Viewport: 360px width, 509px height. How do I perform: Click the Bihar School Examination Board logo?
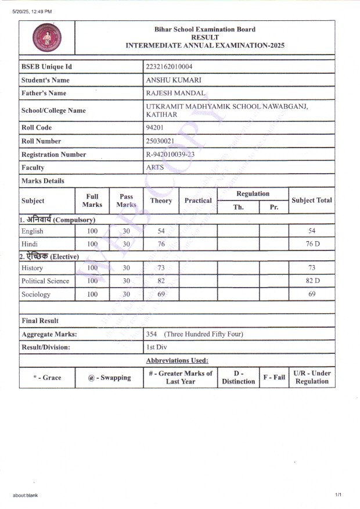(46, 37)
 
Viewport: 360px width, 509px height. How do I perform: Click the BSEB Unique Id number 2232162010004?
(170, 67)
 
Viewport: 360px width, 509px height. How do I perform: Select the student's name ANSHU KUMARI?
(174, 80)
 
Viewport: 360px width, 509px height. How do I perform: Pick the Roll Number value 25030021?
(161, 141)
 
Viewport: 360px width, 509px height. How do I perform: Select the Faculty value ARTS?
(155, 167)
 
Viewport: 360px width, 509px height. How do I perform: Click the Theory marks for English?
(161, 231)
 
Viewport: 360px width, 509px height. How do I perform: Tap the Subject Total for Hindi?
(312, 244)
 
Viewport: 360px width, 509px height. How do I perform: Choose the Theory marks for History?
(161, 268)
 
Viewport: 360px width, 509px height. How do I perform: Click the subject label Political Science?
(45, 281)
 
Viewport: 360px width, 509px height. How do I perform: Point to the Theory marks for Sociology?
(161, 295)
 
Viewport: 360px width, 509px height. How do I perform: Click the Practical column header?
(198, 200)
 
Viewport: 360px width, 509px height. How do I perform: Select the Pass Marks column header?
(126, 200)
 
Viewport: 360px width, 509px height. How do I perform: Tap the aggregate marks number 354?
(153, 334)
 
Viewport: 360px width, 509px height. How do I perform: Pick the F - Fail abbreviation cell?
(274, 378)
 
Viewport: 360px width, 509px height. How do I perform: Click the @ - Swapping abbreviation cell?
(109, 378)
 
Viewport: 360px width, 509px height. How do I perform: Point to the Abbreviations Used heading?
(177, 361)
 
